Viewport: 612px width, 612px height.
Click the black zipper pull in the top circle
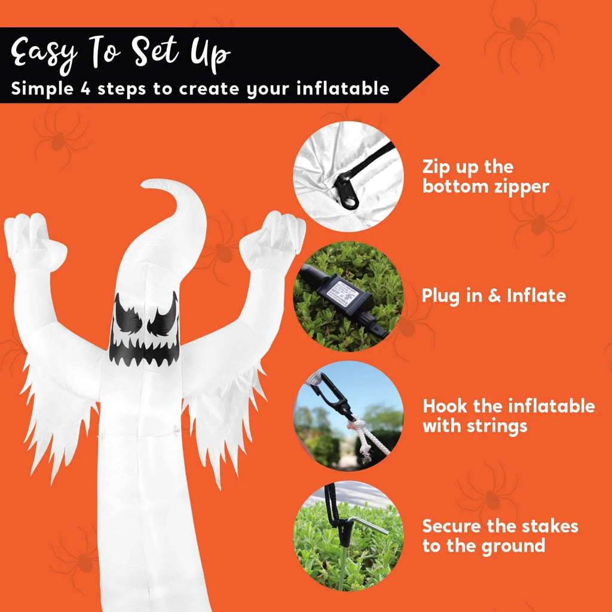[347, 191]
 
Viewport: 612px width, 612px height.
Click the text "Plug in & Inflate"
[494, 296]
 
